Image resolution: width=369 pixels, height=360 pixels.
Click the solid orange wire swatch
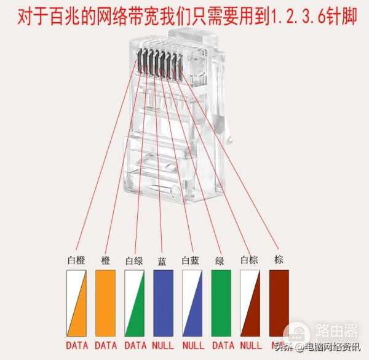click(105, 303)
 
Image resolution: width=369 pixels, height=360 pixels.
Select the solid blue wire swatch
click(164, 303)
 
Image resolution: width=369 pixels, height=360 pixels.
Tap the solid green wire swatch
click(221, 303)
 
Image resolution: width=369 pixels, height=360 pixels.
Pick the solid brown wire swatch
click(280, 303)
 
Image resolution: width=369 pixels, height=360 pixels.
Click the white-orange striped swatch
click(76, 303)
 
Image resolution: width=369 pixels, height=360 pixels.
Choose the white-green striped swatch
click(135, 303)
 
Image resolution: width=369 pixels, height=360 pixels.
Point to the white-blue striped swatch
click(192, 303)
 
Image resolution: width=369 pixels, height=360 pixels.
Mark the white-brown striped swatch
click(250, 303)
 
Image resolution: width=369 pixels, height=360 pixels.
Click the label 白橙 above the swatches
click(76, 260)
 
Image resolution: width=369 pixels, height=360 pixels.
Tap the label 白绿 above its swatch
click(134, 261)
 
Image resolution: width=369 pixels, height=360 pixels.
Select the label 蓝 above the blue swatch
click(163, 261)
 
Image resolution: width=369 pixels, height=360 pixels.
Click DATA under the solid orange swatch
click(106, 345)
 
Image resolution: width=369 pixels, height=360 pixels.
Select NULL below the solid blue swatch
click(164, 345)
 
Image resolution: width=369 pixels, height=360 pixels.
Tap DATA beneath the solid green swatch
click(221, 345)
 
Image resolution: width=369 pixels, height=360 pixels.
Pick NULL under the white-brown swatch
click(251, 345)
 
